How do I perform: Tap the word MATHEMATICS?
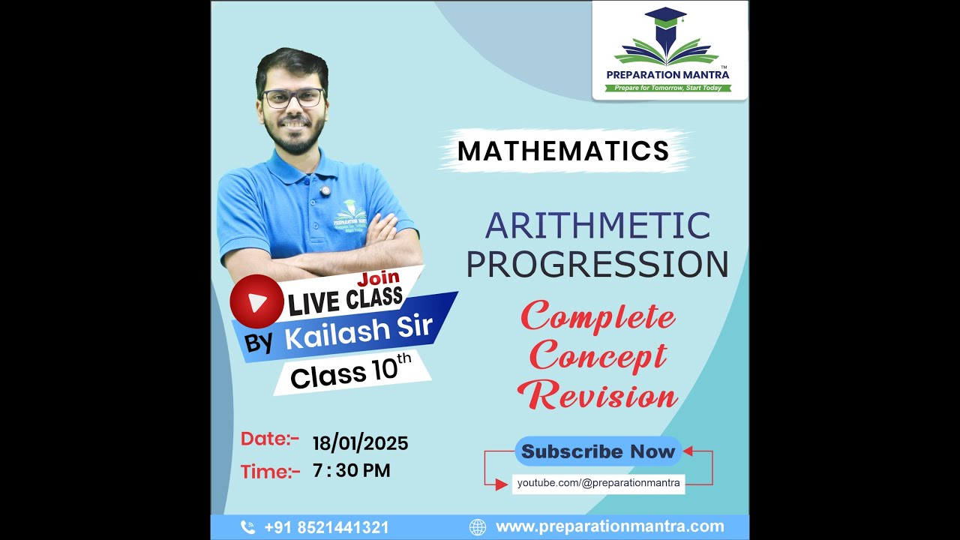[563, 151]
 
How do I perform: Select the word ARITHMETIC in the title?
[597, 226]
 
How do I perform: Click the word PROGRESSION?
[597, 263]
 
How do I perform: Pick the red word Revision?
[598, 395]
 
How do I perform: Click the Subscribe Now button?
[598, 451]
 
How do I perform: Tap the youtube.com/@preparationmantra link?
[598, 483]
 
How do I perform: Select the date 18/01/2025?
[360, 443]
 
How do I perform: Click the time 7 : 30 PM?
[352, 471]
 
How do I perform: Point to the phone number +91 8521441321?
[326, 527]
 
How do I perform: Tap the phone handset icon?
[247, 527]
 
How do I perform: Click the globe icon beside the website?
[478, 527]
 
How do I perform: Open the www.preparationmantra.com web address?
[610, 526]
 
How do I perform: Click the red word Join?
[379, 278]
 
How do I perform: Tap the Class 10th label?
[351, 373]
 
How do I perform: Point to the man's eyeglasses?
[292, 98]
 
